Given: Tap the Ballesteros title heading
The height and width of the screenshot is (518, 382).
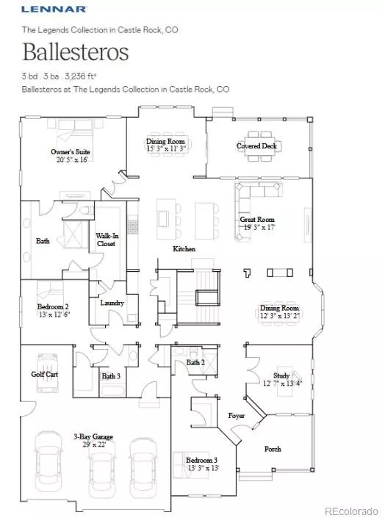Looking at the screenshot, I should click(x=76, y=53).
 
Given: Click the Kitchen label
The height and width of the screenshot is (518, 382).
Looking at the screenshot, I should click(x=184, y=249).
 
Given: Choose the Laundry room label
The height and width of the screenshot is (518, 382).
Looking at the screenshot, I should click(x=112, y=302).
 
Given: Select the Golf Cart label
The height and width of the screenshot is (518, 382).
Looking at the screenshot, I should click(x=45, y=374).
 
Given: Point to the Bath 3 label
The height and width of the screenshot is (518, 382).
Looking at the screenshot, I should click(x=112, y=376).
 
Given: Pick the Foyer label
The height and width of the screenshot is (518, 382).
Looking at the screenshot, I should click(x=237, y=414).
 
